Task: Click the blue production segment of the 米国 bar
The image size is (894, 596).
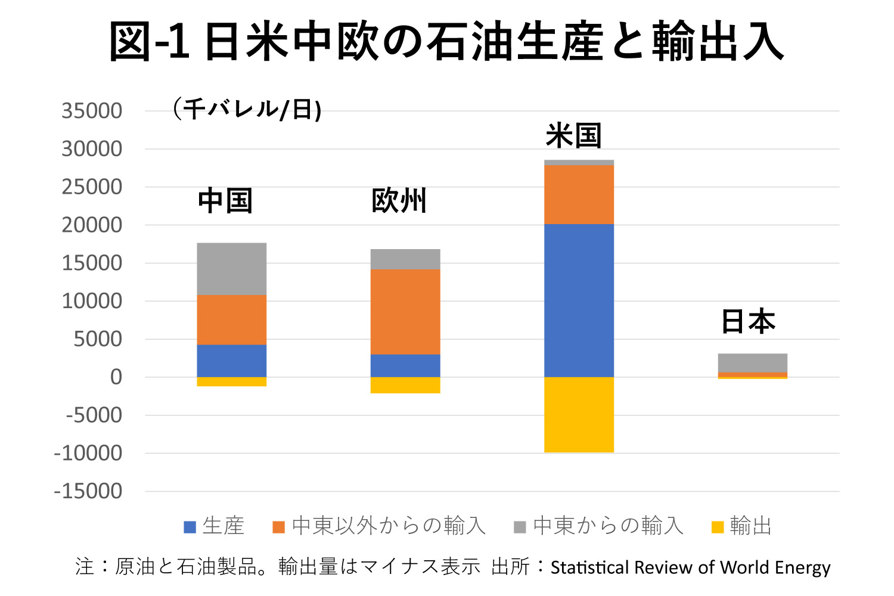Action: (x=579, y=300)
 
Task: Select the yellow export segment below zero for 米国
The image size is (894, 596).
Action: (x=579, y=415)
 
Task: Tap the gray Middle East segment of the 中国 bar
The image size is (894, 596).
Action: (x=232, y=269)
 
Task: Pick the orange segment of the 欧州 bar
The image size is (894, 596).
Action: (x=405, y=312)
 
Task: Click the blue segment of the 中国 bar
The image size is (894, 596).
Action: (x=232, y=361)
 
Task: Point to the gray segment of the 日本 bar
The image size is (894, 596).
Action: (x=752, y=363)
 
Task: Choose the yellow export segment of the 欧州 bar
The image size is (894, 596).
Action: (x=405, y=385)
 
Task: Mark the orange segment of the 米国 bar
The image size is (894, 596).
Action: (x=579, y=194)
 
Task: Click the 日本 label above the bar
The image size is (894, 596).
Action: (x=748, y=321)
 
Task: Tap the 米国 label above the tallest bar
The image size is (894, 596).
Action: (x=573, y=136)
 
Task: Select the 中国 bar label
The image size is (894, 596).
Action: (x=225, y=201)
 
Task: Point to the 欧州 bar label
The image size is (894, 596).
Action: (x=399, y=201)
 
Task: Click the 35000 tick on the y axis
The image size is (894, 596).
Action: (x=92, y=111)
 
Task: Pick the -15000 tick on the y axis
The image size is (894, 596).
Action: (x=88, y=492)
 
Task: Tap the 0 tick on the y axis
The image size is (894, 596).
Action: (x=116, y=377)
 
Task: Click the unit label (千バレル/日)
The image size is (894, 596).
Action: (x=247, y=109)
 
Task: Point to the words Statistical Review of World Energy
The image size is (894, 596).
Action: (x=690, y=567)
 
